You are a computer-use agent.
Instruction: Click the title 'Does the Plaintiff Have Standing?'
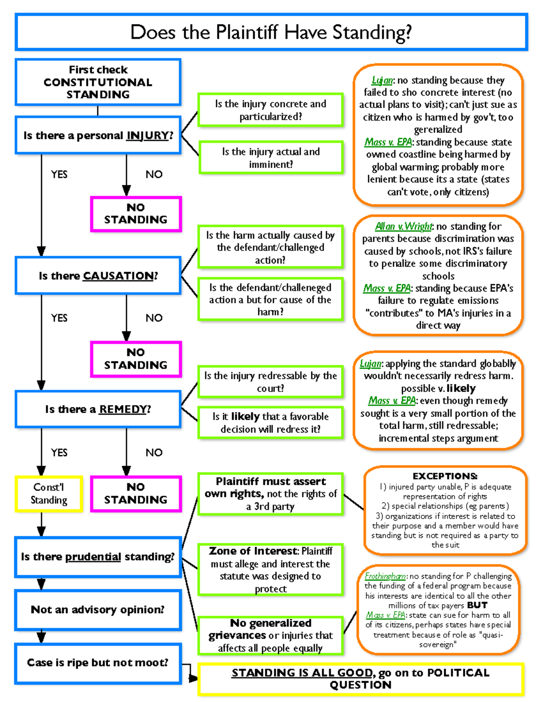271,32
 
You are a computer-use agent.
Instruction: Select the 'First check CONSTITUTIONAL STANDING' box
98,82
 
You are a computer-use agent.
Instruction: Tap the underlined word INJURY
148,136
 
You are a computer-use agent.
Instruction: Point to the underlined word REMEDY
123,410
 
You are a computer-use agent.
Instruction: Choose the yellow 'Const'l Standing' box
49,494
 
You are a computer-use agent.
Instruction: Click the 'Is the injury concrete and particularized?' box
271,110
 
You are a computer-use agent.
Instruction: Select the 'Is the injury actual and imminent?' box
271,158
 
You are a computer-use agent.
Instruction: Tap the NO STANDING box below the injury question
136,214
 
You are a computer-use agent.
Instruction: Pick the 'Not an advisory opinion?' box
98,610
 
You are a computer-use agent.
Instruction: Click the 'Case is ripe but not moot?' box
98,663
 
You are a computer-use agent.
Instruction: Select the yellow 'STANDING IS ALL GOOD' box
361,678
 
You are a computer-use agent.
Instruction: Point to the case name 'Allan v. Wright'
404,226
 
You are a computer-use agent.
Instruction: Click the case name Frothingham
385,576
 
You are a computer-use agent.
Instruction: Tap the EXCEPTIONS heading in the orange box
445,476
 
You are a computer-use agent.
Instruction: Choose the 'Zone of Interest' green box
271,570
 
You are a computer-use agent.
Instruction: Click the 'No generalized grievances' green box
271,635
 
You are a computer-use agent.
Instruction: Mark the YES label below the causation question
59,318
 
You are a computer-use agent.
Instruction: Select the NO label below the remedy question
154,452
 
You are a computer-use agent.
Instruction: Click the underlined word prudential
93,557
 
